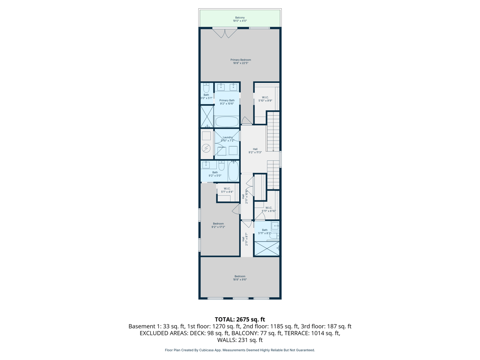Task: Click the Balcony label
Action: pos(240,19)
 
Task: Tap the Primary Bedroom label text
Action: pos(240,61)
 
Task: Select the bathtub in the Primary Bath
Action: pos(227,121)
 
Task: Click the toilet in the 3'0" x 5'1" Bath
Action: pos(206,88)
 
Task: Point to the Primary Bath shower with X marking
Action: pos(207,116)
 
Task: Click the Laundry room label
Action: pos(228,139)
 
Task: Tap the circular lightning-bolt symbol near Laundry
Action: pos(206,148)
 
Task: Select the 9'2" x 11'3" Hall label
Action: pos(255,151)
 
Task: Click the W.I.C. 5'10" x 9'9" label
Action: pos(265,99)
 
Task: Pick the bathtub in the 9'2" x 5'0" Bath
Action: pos(233,171)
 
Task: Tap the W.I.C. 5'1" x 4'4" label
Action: pos(227,190)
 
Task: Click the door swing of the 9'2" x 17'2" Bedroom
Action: pos(236,209)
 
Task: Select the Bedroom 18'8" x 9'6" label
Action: pos(240,278)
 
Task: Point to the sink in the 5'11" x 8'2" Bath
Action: pos(275,226)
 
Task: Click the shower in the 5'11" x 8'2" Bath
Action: pos(267,249)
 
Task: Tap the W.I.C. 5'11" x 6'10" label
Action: pos(268,209)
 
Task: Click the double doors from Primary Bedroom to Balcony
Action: pos(225,33)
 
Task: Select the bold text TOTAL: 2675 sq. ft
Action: pos(240,319)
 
